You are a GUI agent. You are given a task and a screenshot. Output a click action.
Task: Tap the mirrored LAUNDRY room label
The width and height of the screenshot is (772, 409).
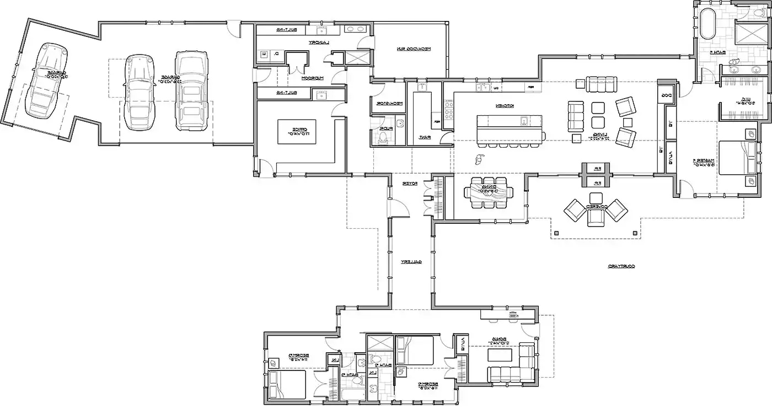click(x=318, y=42)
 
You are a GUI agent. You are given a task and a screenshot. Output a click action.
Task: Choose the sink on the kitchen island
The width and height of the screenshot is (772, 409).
click(x=522, y=120)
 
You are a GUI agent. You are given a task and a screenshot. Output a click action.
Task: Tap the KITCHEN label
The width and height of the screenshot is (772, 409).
click(x=501, y=106)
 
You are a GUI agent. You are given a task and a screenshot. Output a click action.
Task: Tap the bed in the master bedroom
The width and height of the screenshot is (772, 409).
click(x=737, y=158)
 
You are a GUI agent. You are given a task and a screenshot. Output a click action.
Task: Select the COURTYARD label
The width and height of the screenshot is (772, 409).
click(x=621, y=266)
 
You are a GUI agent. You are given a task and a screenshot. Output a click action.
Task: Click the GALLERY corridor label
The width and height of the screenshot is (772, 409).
click(x=411, y=262)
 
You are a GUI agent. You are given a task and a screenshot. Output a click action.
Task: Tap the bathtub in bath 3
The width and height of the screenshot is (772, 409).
click(x=351, y=395)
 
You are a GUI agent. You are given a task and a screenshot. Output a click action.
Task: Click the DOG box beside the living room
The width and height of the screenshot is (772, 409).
click(x=666, y=94)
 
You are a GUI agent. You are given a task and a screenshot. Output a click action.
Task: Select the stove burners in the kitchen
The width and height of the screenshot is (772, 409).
click(x=448, y=110)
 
